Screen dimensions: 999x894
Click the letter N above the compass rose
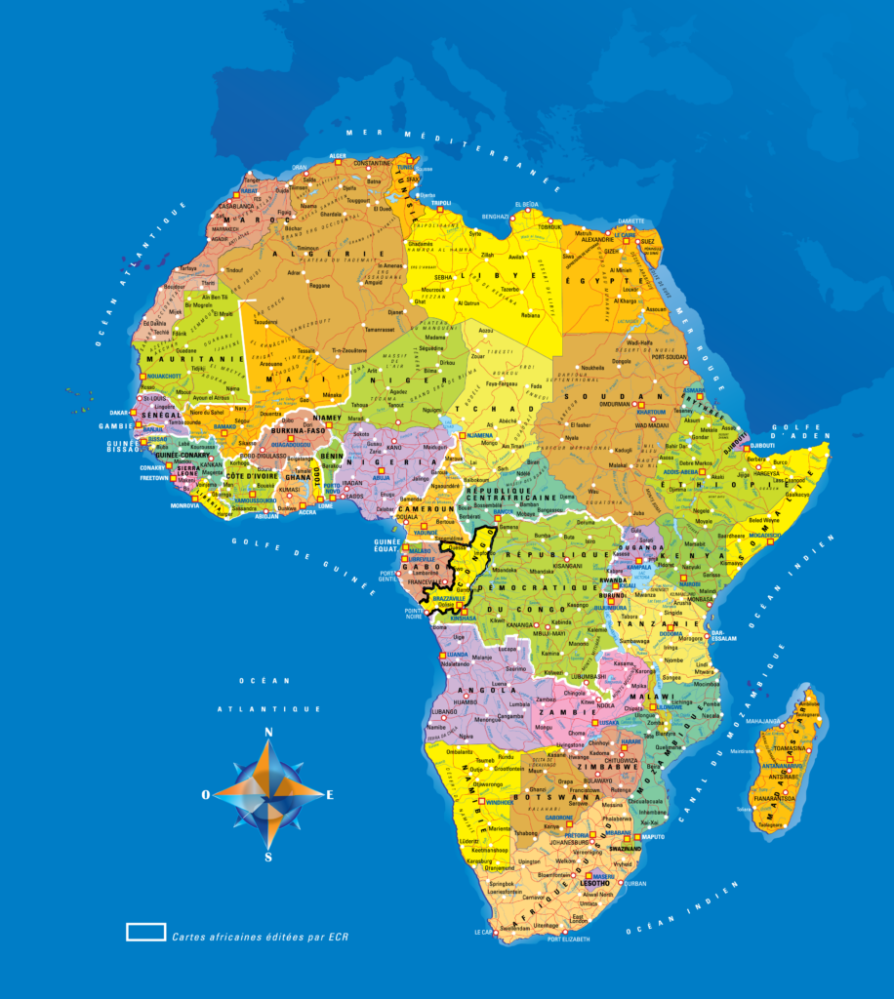268,732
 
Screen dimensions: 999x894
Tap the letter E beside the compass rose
330,794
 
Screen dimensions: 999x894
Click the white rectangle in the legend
145,932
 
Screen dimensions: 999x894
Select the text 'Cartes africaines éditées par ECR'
260,936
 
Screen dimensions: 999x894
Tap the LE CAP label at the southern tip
484,932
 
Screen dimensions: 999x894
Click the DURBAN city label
635,883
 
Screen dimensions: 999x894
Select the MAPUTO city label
652,837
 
